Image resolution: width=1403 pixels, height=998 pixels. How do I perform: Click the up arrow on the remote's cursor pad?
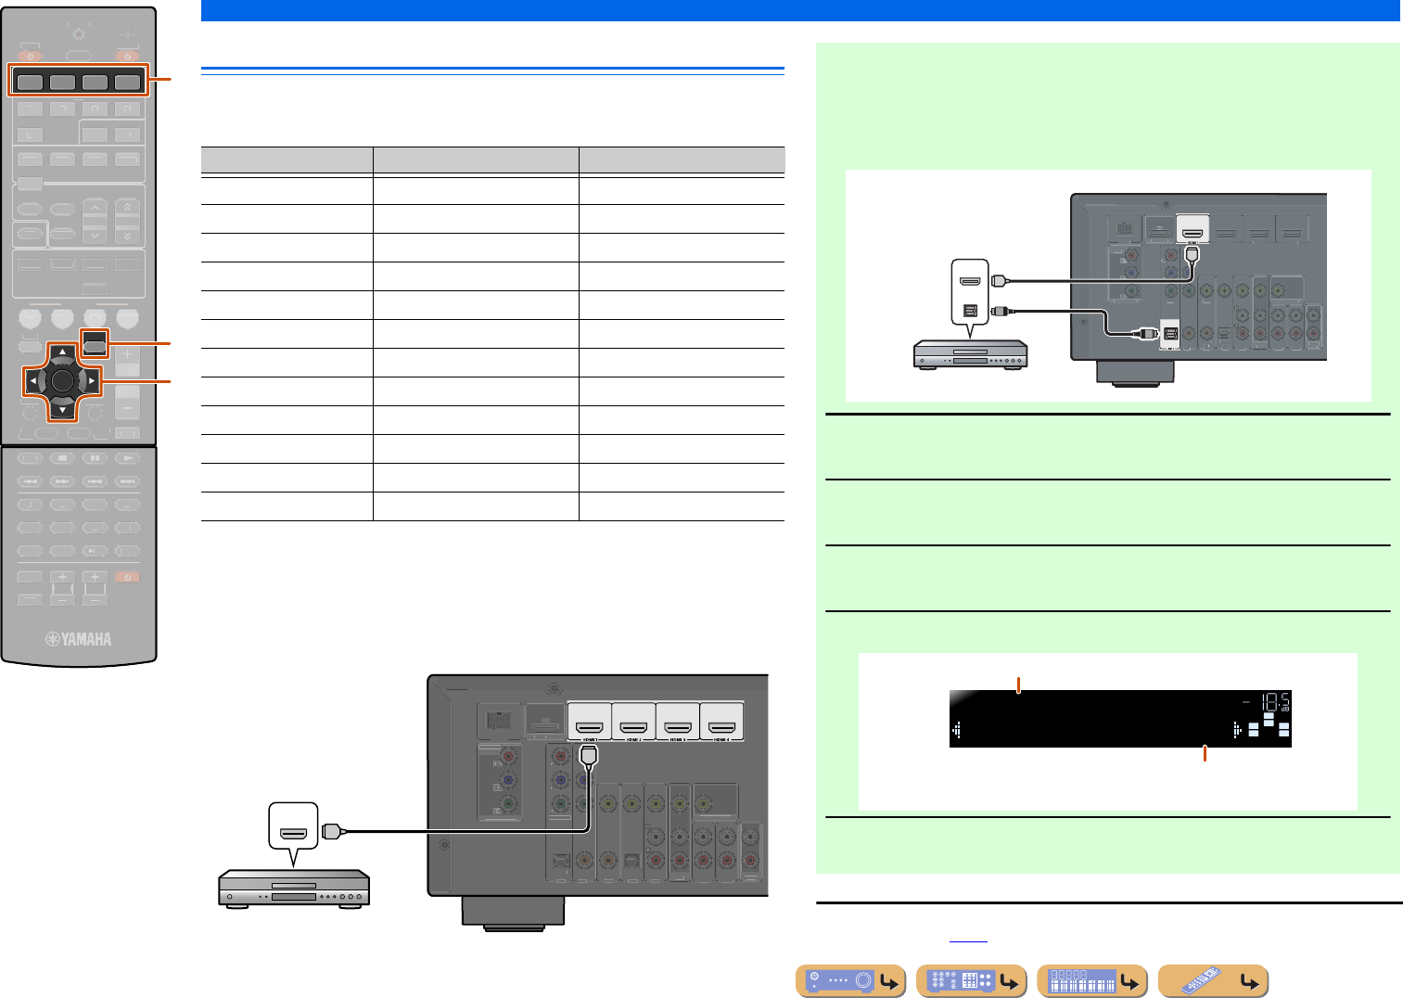[x=62, y=352]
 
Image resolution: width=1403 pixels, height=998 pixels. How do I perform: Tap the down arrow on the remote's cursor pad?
[x=62, y=409]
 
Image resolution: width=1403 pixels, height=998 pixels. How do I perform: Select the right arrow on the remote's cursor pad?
[x=92, y=380]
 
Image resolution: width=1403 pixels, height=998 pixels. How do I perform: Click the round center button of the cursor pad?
[x=62, y=380]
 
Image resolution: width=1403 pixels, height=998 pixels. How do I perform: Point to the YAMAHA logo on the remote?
[x=80, y=639]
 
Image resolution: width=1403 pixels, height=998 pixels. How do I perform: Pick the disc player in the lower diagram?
[x=294, y=889]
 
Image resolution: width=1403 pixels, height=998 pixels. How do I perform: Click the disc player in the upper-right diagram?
[x=970, y=354]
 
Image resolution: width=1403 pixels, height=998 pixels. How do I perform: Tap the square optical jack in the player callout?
[x=971, y=311]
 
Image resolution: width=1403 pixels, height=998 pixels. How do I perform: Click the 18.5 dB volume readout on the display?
[x=1274, y=702]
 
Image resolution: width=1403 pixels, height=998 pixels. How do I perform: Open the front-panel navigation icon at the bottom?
[x=850, y=981]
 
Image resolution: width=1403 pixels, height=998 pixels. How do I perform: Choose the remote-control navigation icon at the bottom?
[x=1213, y=981]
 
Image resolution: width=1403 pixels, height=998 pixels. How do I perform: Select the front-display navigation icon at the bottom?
[x=1091, y=981]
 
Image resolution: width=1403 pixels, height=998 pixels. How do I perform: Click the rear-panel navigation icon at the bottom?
[x=971, y=981]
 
